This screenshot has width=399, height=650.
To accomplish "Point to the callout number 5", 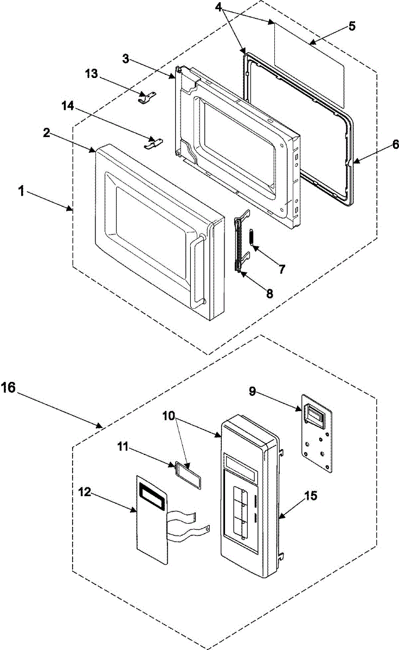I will coord(352,26).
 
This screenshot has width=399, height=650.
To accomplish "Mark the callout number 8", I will coord(269,294).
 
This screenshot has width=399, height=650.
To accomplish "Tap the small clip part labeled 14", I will coord(153,142).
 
